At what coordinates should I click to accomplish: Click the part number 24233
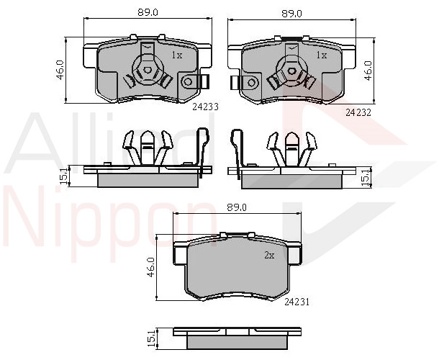click(x=205, y=107)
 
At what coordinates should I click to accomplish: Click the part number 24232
click(x=358, y=112)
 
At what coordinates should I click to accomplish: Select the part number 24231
click(x=297, y=302)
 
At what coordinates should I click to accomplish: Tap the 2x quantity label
click(x=269, y=255)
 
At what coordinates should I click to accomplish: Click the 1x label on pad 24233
click(x=177, y=55)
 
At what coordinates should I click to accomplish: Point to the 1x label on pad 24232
click(x=322, y=55)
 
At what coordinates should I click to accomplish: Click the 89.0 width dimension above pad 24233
click(x=148, y=12)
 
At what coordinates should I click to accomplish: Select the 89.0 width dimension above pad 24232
click(x=291, y=14)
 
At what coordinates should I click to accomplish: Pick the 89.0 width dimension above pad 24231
click(x=237, y=207)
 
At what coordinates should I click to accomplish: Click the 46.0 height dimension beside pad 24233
click(x=60, y=70)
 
